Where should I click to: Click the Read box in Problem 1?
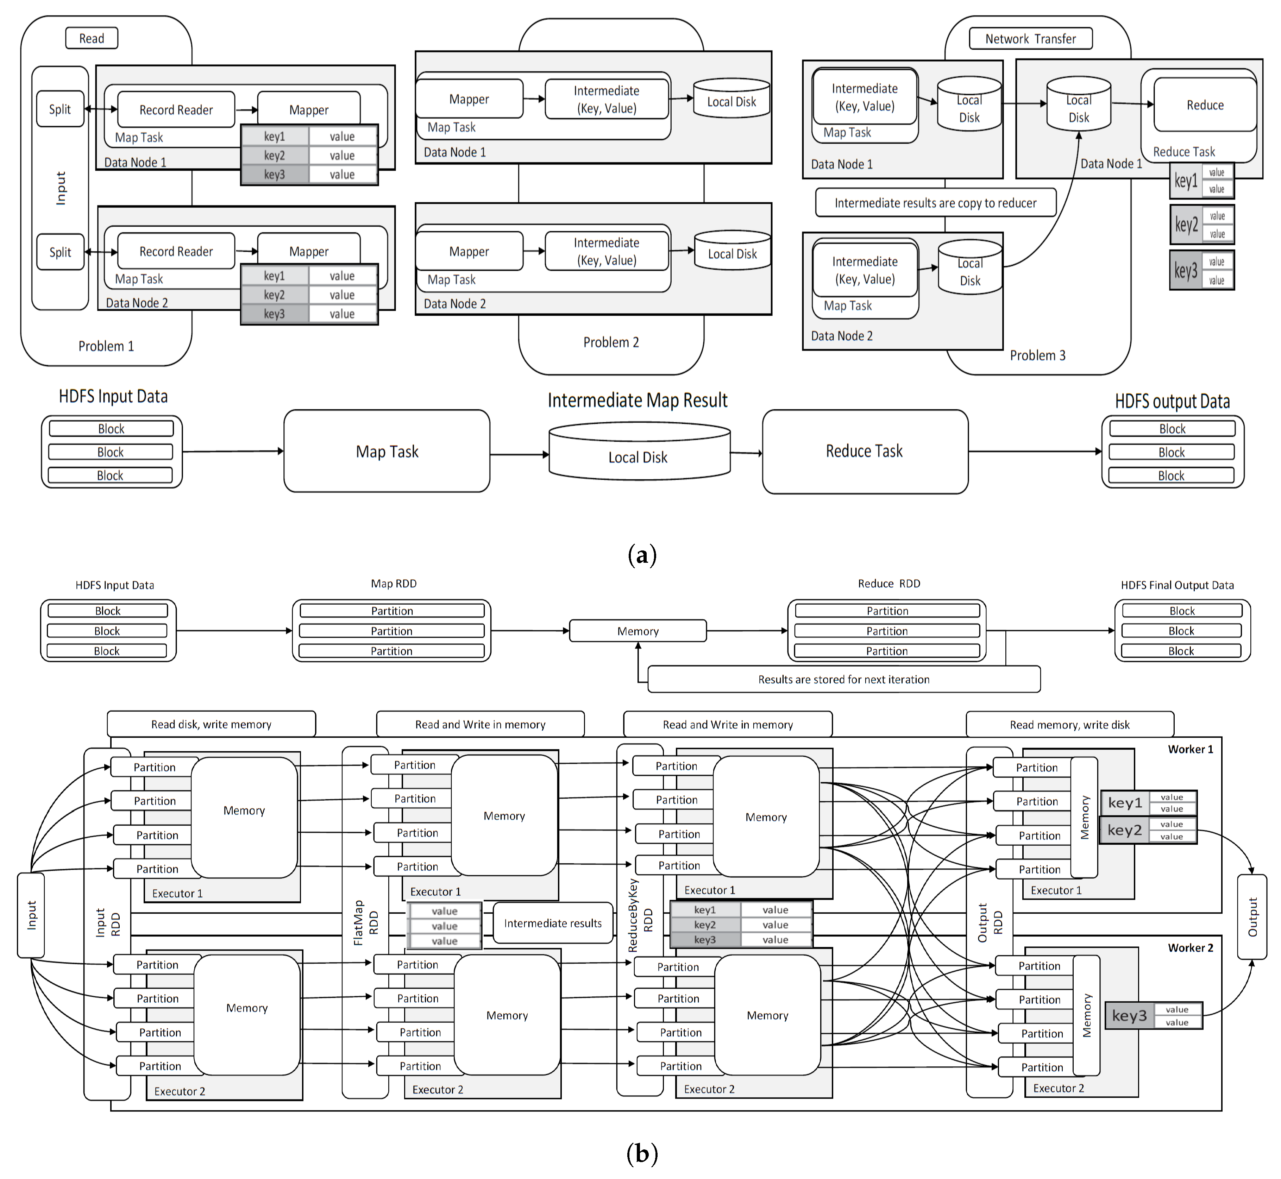(x=91, y=38)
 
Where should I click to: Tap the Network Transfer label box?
(x=1030, y=39)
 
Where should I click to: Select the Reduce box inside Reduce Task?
(x=1204, y=105)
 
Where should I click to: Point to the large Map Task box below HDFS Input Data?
(x=387, y=452)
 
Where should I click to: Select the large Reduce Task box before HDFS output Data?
(x=864, y=452)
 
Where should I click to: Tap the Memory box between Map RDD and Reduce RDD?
(x=638, y=631)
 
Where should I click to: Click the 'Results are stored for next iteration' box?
(x=843, y=680)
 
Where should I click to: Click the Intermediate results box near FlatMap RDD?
(x=552, y=923)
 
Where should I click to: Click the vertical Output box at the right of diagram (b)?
(x=1252, y=917)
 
